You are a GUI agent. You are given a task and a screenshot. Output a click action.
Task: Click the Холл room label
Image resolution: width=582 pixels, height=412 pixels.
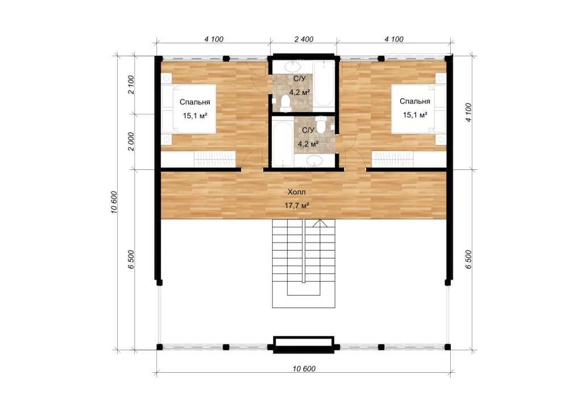tap(297, 192)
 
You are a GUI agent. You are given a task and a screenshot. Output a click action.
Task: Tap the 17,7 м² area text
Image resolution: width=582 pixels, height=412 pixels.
tap(297, 205)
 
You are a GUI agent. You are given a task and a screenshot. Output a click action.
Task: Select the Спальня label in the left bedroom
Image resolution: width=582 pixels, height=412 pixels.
tap(195, 102)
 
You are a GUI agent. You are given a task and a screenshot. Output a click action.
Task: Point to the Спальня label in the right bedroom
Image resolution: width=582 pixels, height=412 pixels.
tap(414, 101)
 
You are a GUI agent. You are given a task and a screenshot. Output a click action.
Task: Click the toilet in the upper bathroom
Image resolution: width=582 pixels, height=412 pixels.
tap(285, 103)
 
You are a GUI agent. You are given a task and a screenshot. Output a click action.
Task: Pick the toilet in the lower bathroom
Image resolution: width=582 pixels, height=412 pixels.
tap(321, 124)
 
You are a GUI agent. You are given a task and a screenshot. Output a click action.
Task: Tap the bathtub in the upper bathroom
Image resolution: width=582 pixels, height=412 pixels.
tap(324, 84)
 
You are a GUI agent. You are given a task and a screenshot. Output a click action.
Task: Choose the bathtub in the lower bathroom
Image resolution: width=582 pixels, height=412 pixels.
tap(282, 143)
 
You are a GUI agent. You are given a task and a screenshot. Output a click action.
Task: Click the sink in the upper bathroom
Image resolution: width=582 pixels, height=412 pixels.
tap(292, 67)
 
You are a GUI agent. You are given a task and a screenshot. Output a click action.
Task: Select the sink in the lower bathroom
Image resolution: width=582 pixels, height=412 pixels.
tap(314, 161)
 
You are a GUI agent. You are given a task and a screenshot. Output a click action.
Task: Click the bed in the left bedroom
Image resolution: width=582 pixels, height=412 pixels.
tap(188, 109)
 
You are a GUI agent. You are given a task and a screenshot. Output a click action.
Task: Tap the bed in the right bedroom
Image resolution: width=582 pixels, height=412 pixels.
tap(419, 109)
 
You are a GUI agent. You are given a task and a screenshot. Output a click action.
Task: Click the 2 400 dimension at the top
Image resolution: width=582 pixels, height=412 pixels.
tap(304, 39)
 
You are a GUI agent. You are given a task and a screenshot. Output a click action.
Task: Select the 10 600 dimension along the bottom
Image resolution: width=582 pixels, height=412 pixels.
tap(304, 369)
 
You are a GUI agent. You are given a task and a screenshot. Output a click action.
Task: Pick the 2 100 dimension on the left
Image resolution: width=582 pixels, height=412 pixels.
tap(131, 85)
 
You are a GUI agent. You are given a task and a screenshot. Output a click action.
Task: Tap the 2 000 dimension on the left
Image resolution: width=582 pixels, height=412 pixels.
tap(131, 142)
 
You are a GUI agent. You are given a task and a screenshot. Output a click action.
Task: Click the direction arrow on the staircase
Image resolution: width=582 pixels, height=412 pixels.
tap(320, 223)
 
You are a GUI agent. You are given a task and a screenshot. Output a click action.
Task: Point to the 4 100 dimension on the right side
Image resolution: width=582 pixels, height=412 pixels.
tap(468, 113)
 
